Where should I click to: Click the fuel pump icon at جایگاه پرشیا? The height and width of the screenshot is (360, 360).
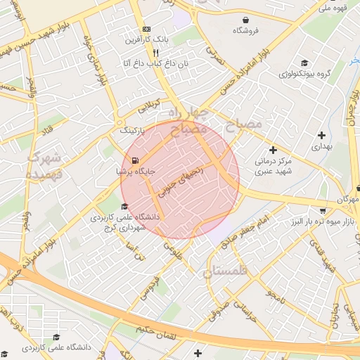pos(135,160)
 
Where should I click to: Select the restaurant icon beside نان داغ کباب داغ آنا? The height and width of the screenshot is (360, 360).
pos(155,53)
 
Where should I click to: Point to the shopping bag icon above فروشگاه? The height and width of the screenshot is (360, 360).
pos(245,20)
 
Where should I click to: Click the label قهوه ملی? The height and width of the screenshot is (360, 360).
pos(333,8)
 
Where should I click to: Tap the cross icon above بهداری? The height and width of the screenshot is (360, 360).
pos(321,135)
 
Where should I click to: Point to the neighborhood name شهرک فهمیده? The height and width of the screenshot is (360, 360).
pos(44,167)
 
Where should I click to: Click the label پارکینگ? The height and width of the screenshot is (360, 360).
pos(132,131)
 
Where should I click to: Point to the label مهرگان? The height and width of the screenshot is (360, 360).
pos(347,200)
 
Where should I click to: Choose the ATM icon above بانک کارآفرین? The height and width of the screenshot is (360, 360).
pos(146,29)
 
